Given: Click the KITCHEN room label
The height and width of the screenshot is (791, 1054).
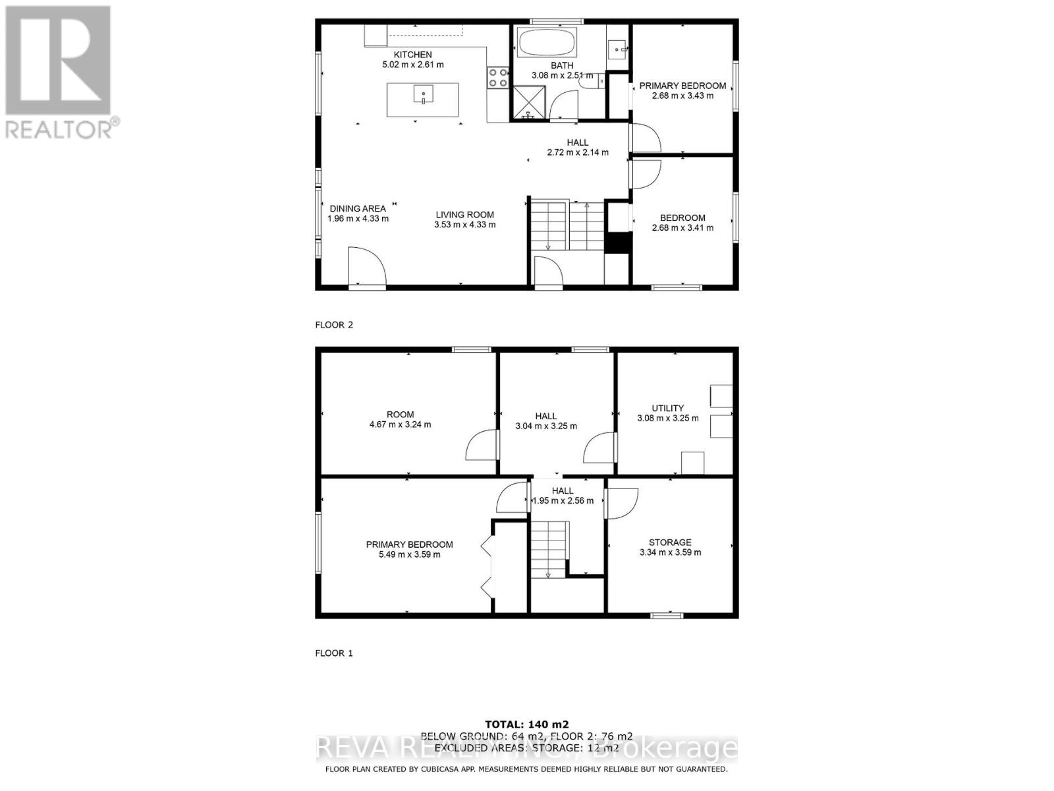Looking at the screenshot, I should click(x=412, y=55).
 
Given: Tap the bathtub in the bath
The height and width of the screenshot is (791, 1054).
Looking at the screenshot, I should click(x=547, y=44).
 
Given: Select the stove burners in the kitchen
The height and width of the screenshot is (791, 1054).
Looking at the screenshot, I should click(x=497, y=78).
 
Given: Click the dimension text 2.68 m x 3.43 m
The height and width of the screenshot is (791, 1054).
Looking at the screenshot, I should click(x=682, y=96).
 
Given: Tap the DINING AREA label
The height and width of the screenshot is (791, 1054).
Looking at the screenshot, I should click(x=358, y=208).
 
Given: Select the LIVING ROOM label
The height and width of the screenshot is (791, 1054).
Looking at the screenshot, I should click(x=464, y=214).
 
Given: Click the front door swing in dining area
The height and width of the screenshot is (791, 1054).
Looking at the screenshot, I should click(x=366, y=267).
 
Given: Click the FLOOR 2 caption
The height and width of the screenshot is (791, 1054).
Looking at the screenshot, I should click(x=334, y=325).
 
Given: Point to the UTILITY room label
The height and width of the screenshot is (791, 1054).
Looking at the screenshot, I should click(x=667, y=408).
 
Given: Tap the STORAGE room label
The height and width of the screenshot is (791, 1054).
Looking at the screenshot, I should click(x=670, y=542).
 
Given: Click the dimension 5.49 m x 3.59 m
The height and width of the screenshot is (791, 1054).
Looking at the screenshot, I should click(x=409, y=554).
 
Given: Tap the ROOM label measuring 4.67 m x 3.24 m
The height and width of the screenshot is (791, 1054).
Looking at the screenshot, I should click(x=400, y=415).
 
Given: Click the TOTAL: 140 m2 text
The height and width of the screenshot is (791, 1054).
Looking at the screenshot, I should click(x=526, y=724).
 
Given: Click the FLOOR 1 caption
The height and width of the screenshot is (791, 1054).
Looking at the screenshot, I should click(x=334, y=653).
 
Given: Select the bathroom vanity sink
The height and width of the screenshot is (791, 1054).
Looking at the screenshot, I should click(x=617, y=47).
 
